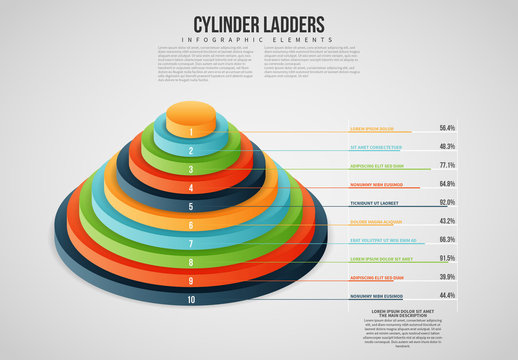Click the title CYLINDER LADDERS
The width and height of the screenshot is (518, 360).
pos(258,23)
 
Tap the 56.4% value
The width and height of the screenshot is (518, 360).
pos(447,128)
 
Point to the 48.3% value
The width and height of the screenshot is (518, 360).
pos(447,146)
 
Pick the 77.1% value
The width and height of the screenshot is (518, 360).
pos(447,165)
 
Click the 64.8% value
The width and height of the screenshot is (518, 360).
pos(447,184)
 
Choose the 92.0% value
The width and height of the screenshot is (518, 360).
pos(447,203)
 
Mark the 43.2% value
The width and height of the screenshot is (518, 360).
pos(447,221)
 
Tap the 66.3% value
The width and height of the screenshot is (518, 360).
pos(447,240)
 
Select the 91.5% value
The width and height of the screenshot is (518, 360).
pos(447,259)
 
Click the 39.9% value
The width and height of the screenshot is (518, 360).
pos(447,277)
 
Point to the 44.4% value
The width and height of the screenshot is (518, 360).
pos(447,296)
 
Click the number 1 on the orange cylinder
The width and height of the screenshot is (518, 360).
pos(191,132)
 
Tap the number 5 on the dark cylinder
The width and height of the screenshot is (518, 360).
pos(191,207)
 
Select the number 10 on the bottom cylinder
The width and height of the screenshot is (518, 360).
pos(191,300)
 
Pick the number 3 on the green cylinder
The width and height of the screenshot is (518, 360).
pos(191,170)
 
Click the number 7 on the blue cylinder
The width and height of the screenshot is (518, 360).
pos(191,244)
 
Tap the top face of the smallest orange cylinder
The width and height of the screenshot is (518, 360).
pos(191,111)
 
